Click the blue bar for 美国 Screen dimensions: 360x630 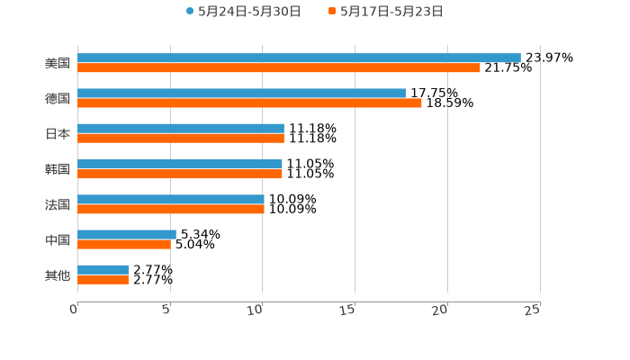pyautogui.click(x=299, y=58)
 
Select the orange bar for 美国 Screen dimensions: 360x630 pyautogui.click(x=279, y=67)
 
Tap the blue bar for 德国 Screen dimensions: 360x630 pyautogui.click(x=241, y=93)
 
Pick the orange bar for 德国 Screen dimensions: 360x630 pyautogui.click(x=249, y=103)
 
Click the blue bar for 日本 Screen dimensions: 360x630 pyautogui.click(x=181, y=128)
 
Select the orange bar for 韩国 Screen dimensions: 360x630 pyautogui.click(x=180, y=174)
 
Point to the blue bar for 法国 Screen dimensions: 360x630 pyautogui.click(x=171, y=199)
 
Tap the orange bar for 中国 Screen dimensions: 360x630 pyautogui.click(x=124, y=244)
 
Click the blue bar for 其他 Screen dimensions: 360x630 pyautogui.click(x=103, y=269)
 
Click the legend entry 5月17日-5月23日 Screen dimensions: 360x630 pyautogui.click(x=391, y=12)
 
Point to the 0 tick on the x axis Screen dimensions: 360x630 pyautogui.click(x=75, y=309)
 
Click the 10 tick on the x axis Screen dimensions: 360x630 pyautogui.click(x=257, y=309)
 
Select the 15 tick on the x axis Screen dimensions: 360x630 pyautogui.click(x=350, y=309)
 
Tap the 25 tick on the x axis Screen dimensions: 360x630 pyautogui.click(x=533, y=309)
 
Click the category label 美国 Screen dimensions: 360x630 pyautogui.click(x=58, y=63)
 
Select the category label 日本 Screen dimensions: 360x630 pyautogui.click(x=58, y=133)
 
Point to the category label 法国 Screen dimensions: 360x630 pyautogui.click(x=58, y=204)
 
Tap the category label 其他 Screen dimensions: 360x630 pyautogui.click(x=58, y=274)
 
